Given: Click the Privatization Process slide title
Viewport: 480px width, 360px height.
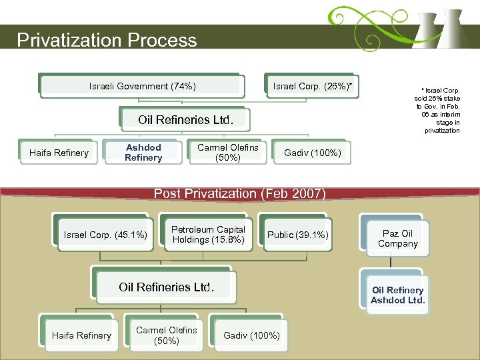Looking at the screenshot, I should pyautogui.click(x=107, y=40).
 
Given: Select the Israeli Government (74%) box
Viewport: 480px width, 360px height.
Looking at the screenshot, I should pyautogui.click(x=142, y=86).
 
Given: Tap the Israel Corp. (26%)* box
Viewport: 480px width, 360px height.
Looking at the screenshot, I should pyautogui.click(x=312, y=86).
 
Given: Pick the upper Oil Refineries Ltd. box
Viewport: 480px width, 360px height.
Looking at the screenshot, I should pyautogui.click(x=185, y=120).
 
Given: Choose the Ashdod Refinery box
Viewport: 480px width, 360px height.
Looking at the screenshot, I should pyautogui.click(x=143, y=153).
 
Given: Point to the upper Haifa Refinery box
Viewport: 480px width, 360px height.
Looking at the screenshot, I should pyautogui.click(x=59, y=153).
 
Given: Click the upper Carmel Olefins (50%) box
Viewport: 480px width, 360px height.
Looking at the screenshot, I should pyautogui.click(x=228, y=153).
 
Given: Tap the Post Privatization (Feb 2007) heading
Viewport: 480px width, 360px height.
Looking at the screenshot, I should pyautogui.click(x=240, y=193).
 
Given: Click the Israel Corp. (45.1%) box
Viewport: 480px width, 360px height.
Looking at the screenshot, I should pyautogui.click(x=105, y=235).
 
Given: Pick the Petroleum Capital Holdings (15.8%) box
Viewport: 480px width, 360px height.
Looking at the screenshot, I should pyautogui.click(x=208, y=235).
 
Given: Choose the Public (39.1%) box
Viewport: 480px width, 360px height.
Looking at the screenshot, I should pyautogui.click(x=297, y=235).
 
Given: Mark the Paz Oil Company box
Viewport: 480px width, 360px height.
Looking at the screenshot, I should pyautogui.click(x=397, y=239).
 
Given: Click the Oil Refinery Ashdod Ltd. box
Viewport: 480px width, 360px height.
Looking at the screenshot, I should pyautogui.click(x=397, y=295).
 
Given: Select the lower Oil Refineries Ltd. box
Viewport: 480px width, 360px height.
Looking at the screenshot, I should pyautogui.click(x=166, y=287).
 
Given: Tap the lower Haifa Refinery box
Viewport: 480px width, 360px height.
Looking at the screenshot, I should pyautogui.click(x=81, y=335).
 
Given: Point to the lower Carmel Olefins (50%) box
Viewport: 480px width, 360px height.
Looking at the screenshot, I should pyautogui.click(x=166, y=335).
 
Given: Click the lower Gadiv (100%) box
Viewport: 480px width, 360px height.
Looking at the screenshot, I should pyautogui.click(x=251, y=335).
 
